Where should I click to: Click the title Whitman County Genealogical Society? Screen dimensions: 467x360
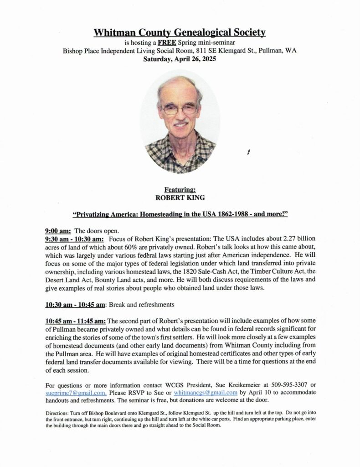click(180, 32)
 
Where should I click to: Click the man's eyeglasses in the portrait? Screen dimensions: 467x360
click(180, 109)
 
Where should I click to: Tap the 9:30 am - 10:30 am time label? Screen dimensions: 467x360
click(74, 239)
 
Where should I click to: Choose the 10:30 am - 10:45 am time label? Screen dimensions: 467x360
click(76, 303)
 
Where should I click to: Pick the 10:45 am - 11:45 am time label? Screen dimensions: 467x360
click(76, 321)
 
